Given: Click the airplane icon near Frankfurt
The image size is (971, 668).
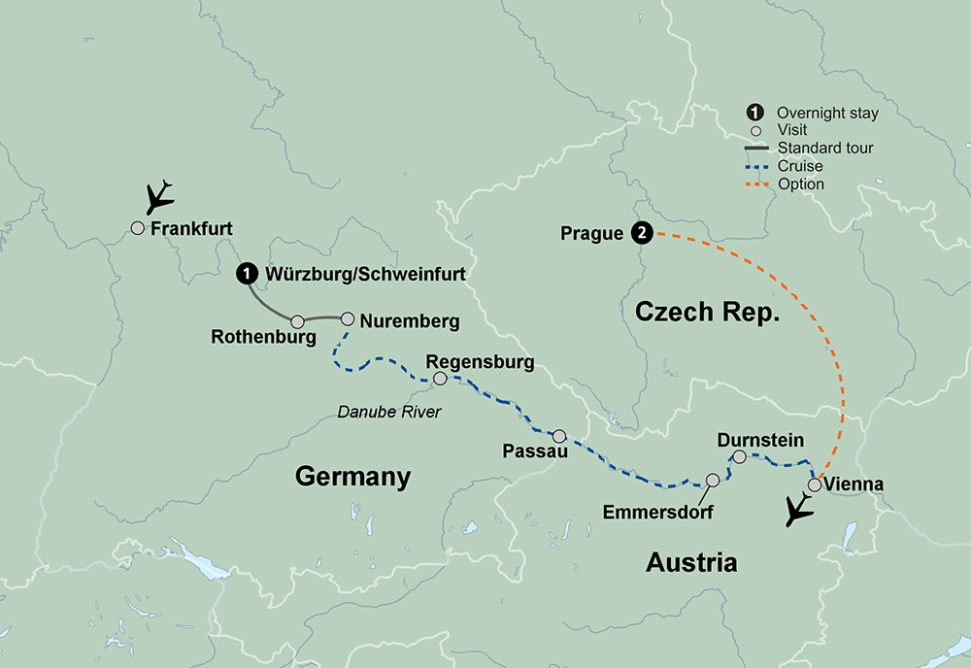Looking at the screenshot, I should (x=158, y=198).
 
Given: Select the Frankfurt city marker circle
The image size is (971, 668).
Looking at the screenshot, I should (x=138, y=228).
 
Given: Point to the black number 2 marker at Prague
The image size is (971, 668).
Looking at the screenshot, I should (x=641, y=233).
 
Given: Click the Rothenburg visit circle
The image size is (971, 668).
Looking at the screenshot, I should (x=298, y=320).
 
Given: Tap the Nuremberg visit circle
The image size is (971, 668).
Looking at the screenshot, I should (x=348, y=317).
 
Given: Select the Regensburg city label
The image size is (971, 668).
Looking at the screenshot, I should (x=481, y=362).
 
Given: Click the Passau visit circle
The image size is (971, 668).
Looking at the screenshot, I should (x=559, y=436).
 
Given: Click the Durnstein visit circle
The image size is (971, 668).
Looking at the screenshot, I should (x=739, y=456).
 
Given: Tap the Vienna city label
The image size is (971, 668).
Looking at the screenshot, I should (x=854, y=484).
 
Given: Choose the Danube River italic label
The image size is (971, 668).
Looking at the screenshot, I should (x=388, y=412).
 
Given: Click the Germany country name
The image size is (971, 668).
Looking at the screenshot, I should (x=352, y=477).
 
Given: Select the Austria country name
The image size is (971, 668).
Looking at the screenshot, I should (x=692, y=562).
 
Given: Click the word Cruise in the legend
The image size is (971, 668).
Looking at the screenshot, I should (x=800, y=166).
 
